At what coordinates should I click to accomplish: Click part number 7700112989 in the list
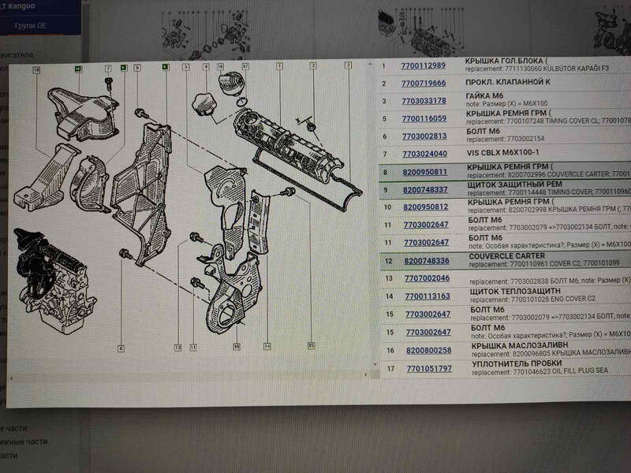coord(423,65)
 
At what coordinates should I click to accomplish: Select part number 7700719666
coord(424,83)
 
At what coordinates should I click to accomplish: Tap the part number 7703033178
coord(424,101)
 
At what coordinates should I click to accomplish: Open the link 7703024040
coord(424,154)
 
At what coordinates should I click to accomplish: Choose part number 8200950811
coord(425,172)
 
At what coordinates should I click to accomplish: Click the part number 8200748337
coord(425,190)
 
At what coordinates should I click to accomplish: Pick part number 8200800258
coord(429,350)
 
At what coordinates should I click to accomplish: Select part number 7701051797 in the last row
coord(430,368)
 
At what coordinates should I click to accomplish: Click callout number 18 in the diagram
coord(36,70)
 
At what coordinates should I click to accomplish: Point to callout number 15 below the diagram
coord(312,345)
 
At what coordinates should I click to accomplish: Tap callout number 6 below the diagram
coord(121,348)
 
